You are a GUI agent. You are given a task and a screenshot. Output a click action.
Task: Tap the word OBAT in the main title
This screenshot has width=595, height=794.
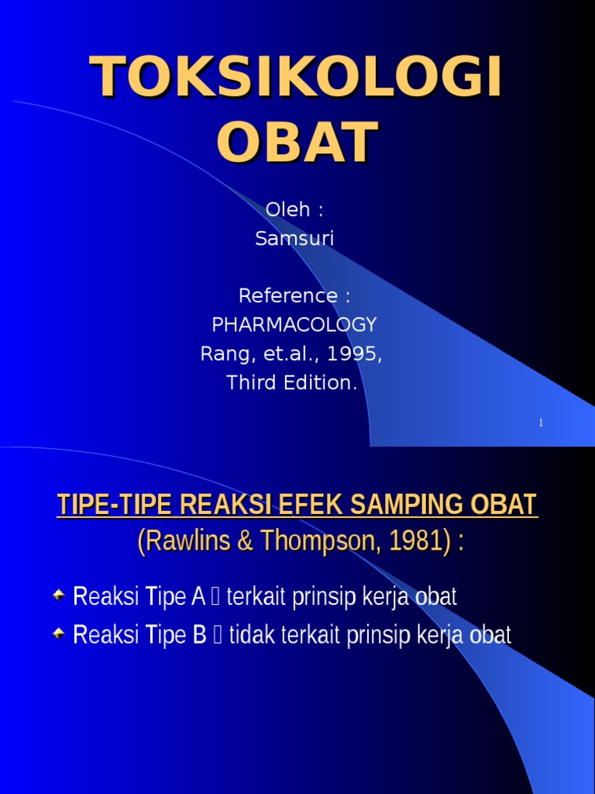297,142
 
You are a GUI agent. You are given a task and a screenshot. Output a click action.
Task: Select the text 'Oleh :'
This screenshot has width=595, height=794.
294,209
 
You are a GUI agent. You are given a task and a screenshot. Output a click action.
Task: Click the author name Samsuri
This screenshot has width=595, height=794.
294,239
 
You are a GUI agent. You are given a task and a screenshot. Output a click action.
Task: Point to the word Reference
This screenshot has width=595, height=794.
288,295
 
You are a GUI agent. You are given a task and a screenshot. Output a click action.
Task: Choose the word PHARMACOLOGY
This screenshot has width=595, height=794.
294,325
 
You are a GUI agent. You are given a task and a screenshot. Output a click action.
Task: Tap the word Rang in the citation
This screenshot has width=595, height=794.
218,354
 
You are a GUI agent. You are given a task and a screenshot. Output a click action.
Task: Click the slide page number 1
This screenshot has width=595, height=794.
541,423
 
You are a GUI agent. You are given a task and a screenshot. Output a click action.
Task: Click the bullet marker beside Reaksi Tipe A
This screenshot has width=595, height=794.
59,595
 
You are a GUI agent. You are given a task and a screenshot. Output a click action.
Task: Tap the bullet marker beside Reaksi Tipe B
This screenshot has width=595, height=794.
59,633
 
